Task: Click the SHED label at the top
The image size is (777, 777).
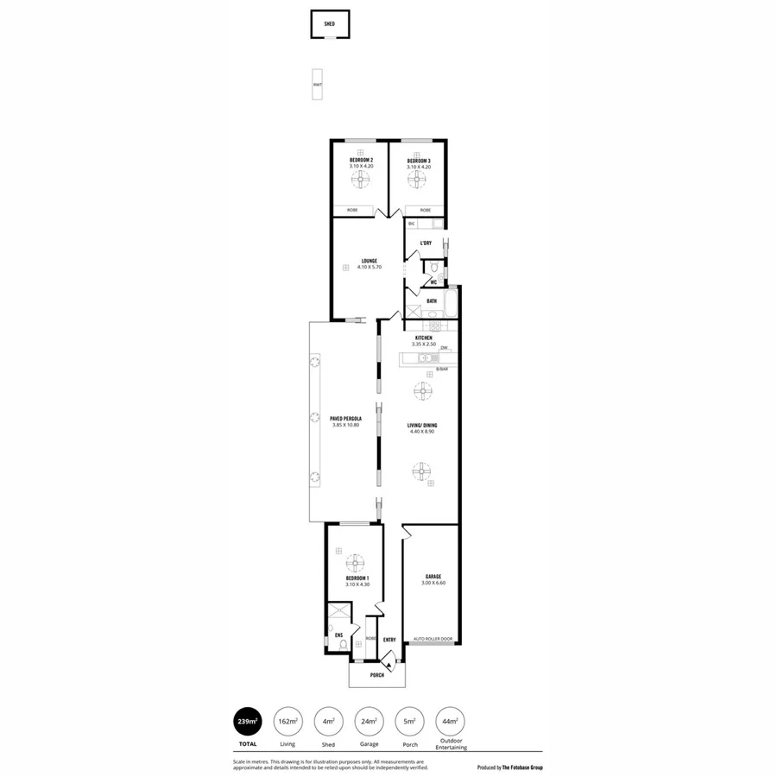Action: pyautogui.click(x=329, y=25)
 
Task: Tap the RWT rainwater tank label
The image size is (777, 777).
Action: pyautogui.click(x=318, y=85)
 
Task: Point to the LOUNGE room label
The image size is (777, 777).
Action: pyautogui.click(x=369, y=261)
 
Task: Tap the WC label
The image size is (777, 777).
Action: pyautogui.click(x=433, y=282)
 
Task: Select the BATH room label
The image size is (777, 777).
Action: pyautogui.click(x=431, y=301)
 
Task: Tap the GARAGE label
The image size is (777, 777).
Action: pyautogui.click(x=433, y=577)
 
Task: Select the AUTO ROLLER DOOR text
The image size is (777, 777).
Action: pyautogui.click(x=433, y=640)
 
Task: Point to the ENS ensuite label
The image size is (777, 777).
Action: pyautogui.click(x=338, y=635)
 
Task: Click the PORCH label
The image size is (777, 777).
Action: pyautogui.click(x=376, y=675)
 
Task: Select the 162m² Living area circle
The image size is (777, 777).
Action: pyautogui.click(x=287, y=721)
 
